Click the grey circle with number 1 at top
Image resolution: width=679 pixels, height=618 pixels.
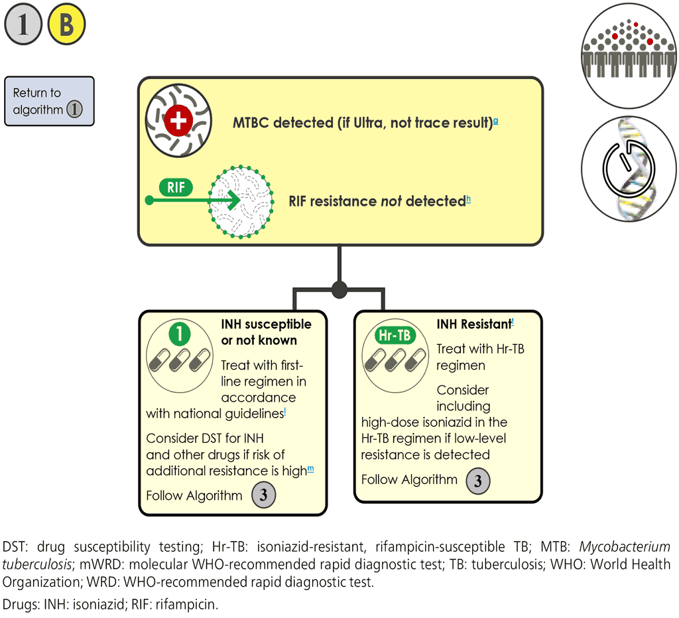(23, 26)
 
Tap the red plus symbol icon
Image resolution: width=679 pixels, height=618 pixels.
(178, 121)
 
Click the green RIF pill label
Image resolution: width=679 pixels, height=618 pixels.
(176, 187)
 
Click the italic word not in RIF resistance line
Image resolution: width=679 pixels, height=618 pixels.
(391, 201)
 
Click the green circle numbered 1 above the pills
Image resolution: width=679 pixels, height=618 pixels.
(179, 333)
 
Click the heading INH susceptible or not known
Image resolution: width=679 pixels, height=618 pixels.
(266, 332)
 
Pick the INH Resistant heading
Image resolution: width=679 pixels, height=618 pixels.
(473, 325)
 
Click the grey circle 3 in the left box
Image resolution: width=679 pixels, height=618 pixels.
(263, 496)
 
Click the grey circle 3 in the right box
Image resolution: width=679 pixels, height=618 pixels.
(478, 480)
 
